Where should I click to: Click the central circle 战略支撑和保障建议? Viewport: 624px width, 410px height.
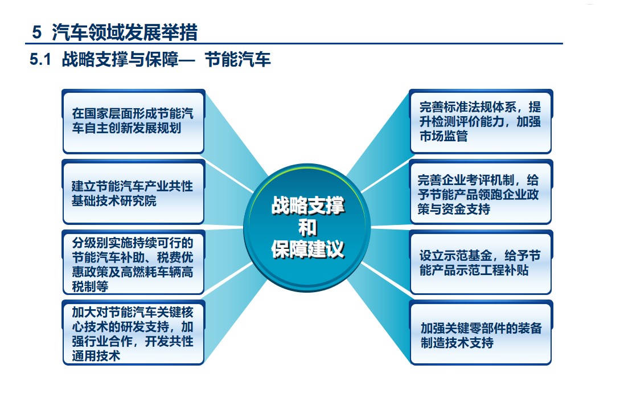[x=307, y=228]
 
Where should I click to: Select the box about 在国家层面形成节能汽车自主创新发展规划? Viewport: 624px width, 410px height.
[x=133, y=121]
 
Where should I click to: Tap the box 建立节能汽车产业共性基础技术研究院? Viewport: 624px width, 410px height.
[x=133, y=192]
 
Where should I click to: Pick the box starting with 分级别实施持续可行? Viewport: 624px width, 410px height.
[x=133, y=263]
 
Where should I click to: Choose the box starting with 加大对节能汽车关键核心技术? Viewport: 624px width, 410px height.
[x=133, y=333]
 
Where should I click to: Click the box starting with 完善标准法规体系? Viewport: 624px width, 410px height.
[x=481, y=121]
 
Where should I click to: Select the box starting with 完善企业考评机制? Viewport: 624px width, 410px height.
[x=481, y=192]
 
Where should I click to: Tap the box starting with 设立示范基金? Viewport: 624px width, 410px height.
[x=481, y=263]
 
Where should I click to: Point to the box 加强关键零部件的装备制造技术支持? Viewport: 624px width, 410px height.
[x=481, y=333]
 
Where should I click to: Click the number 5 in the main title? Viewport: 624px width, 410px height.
[x=36, y=32]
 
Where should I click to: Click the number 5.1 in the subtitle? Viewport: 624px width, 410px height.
[x=40, y=60]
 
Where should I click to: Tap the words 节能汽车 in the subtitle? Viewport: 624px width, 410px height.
[x=237, y=60]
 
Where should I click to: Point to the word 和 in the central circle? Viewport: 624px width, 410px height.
[x=307, y=228]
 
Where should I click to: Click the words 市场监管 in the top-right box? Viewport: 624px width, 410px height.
[x=444, y=136]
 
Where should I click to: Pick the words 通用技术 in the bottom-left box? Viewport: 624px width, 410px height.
[x=96, y=355]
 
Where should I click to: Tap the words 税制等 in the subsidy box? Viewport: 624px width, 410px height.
[x=90, y=286]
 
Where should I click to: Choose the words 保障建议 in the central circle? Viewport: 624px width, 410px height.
[x=307, y=249]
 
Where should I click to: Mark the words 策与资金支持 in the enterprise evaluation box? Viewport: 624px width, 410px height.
[x=454, y=209]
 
